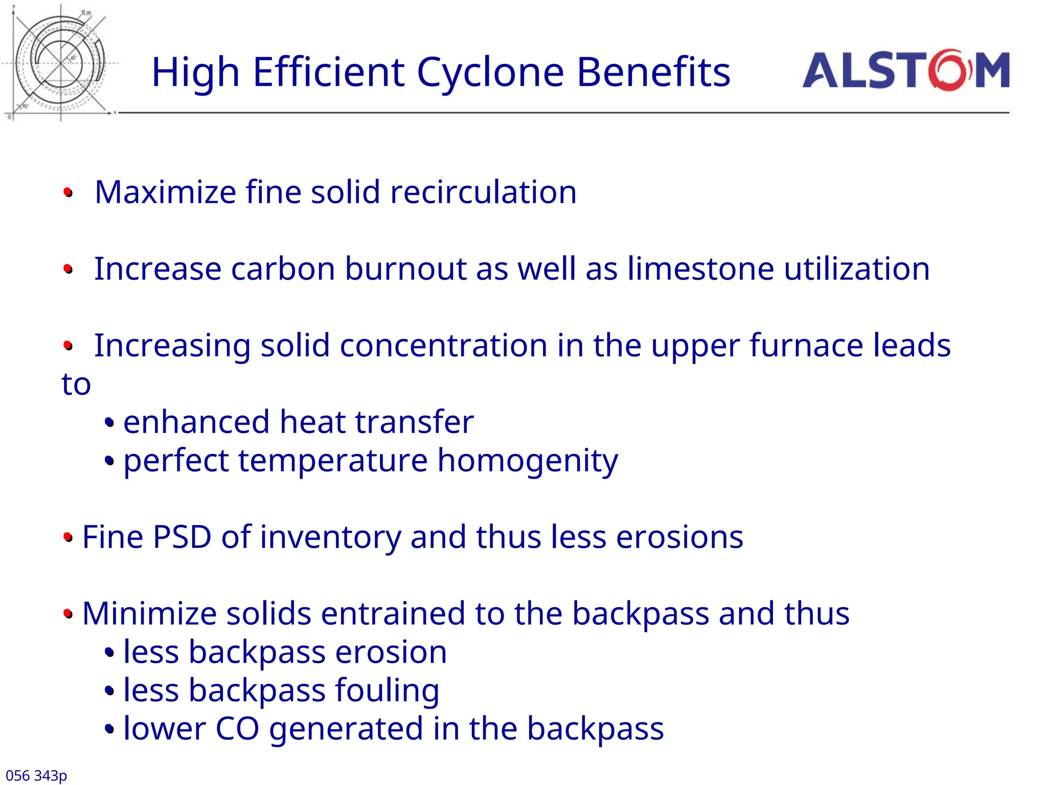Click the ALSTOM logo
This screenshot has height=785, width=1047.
[x=905, y=71]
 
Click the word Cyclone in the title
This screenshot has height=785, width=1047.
[x=490, y=72]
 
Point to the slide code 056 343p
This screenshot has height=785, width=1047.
[x=36, y=775]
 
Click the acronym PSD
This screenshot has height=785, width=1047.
[x=182, y=537]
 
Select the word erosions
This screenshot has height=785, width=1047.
[x=679, y=538]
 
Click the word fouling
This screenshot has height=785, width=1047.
[x=387, y=691]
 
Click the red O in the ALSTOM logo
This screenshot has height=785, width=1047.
[x=949, y=71]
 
